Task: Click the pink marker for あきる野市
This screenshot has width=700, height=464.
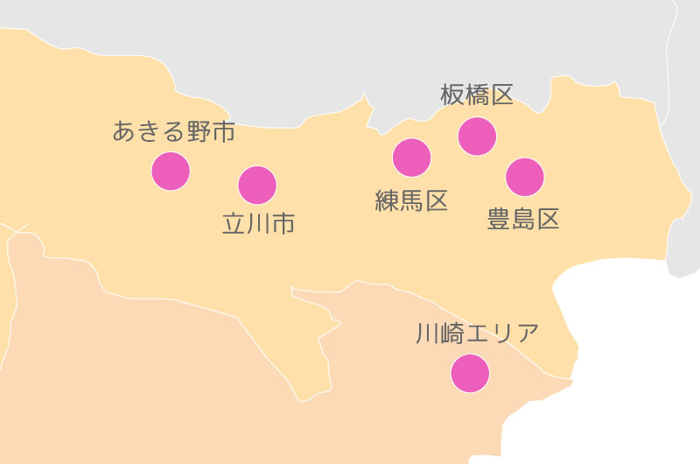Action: (171, 171)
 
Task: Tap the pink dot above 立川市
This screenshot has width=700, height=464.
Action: (257, 185)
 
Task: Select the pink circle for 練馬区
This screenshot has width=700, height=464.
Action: (411, 158)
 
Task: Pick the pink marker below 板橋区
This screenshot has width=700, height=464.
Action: (477, 136)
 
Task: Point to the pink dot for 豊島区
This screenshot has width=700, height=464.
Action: (524, 177)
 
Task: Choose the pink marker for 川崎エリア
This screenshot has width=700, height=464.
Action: (470, 373)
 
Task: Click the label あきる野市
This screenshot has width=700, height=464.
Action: (174, 132)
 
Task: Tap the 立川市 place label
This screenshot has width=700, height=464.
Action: (258, 224)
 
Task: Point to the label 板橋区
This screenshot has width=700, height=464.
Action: (477, 95)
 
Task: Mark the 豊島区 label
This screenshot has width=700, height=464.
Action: (523, 219)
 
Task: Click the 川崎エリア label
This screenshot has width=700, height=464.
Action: (477, 333)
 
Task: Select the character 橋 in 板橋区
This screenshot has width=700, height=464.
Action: (477, 95)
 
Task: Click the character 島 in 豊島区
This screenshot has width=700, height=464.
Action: (523, 219)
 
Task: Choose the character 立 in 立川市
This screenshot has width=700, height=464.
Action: (234, 224)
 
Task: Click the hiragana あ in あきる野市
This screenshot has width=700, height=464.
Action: (124, 132)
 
